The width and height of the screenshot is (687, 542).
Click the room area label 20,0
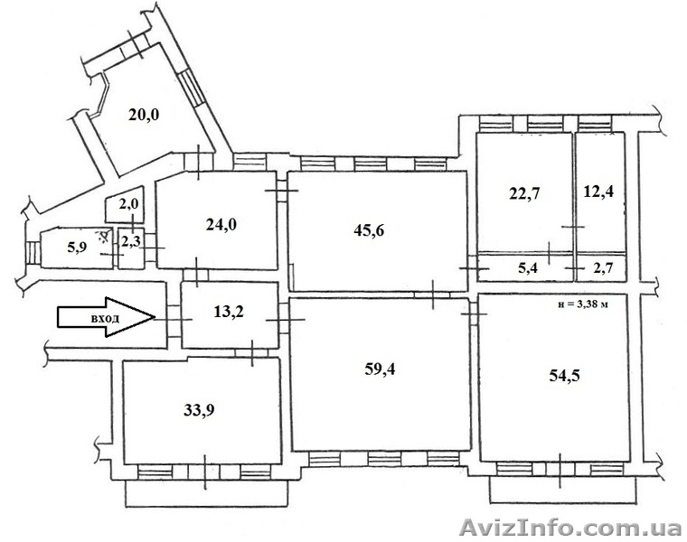[x=144, y=115]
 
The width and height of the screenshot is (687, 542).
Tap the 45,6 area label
[x=369, y=229]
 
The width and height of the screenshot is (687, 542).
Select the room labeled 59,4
[x=380, y=369]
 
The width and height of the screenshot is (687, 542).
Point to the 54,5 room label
[x=564, y=375]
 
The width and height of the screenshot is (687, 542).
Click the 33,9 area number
[x=199, y=410]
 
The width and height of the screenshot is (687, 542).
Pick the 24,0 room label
[x=221, y=225]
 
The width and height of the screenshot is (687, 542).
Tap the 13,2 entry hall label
[x=229, y=312]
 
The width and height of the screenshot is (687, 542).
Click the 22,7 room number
[x=524, y=193]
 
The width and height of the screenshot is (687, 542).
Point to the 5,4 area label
[x=528, y=267]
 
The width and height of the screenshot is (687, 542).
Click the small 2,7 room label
[x=603, y=267]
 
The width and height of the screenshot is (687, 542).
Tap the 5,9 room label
[x=77, y=248]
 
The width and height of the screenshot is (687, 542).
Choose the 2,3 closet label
[x=130, y=241]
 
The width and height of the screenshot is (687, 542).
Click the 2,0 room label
[x=128, y=204]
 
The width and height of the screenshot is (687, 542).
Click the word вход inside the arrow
[x=105, y=318]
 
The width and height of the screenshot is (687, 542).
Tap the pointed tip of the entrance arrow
[x=155, y=317]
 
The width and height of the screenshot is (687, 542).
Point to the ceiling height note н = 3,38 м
[x=583, y=304]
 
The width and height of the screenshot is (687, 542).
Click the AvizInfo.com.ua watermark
[x=570, y=527]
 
